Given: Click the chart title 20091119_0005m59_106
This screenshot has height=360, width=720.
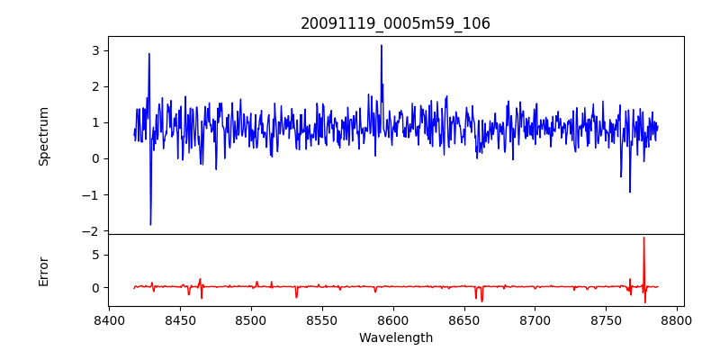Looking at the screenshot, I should (x=395, y=23).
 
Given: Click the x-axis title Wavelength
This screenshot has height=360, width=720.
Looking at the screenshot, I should (x=395, y=338).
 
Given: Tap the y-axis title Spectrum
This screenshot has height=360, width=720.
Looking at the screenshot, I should (x=44, y=136).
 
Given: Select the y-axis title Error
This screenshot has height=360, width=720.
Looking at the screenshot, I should (x=44, y=271).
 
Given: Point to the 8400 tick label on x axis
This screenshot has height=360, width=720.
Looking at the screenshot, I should (x=109, y=319).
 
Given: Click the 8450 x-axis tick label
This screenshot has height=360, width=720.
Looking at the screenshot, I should (x=180, y=319).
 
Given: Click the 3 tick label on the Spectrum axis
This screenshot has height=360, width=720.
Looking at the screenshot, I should (x=93, y=50).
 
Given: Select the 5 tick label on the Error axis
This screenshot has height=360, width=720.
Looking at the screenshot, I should (x=93, y=255).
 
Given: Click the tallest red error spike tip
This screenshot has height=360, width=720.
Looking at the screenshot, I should (x=643, y=238).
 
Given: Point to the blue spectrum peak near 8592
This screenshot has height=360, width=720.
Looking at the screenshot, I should (x=382, y=45).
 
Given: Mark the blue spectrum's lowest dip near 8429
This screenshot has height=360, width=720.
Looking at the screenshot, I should (x=150, y=224).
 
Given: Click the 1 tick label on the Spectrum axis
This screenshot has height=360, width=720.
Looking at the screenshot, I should (x=93, y=122).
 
